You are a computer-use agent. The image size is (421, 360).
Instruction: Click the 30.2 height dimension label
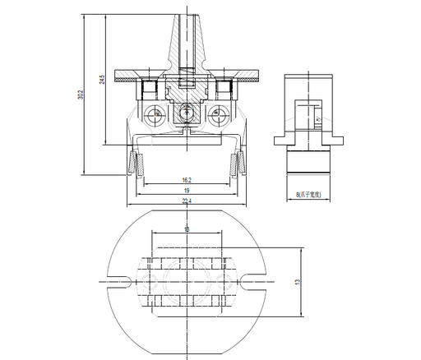point(81,95)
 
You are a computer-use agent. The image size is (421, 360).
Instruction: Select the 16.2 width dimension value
point(187,180)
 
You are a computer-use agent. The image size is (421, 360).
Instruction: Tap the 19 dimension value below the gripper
point(187,191)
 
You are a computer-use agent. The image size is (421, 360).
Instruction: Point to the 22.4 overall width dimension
point(187,201)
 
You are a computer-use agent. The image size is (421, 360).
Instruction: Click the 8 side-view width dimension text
point(310,196)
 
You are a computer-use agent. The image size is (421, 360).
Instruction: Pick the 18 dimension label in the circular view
point(187,228)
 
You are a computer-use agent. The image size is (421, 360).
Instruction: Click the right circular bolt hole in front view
point(218,114)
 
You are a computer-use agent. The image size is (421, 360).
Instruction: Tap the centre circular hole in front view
point(187,114)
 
